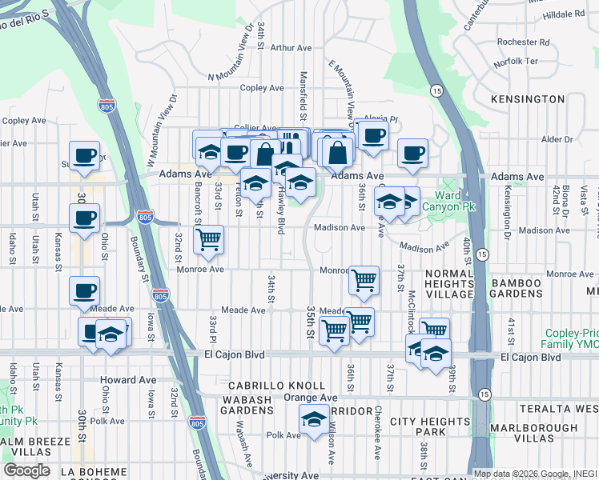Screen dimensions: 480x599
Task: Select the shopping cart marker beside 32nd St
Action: [208, 239]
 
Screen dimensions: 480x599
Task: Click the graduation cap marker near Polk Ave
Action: [315, 418]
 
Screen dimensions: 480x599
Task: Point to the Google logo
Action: [26, 470]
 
